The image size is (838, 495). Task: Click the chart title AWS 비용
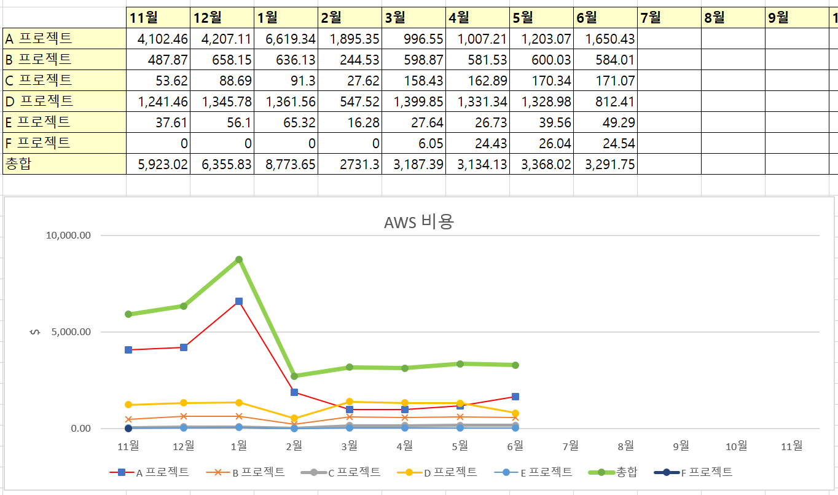pos(418,222)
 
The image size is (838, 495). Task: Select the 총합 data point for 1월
pos(239,259)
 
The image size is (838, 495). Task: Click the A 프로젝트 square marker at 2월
pos(294,392)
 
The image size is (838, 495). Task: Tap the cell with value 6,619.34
pos(286,39)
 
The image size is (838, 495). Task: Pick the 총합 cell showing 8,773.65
pos(286,165)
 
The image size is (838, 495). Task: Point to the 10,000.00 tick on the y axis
pos(68,236)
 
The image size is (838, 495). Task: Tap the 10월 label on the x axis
pos(736,446)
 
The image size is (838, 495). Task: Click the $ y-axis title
pos(35,332)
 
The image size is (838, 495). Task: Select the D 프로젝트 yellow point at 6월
pos(515,413)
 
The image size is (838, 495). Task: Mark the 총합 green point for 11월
pos(128,314)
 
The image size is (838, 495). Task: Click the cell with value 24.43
pos(477,143)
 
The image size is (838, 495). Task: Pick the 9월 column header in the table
pos(797,18)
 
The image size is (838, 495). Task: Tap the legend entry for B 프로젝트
pos(254,472)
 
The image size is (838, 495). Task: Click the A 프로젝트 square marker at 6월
pos(515,397)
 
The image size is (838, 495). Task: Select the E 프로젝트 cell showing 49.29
pos(605,122)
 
